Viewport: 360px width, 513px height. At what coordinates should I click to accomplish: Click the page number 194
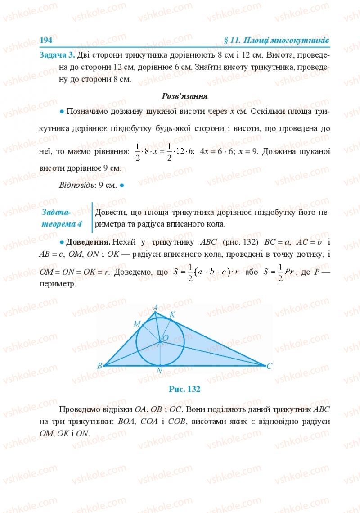tap(46, 40)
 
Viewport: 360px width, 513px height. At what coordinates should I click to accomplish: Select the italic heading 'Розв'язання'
tap(184, 96)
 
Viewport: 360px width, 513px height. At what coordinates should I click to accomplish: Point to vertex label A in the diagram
tap(155, 308)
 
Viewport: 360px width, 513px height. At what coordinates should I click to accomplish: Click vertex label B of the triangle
tap(99, 366)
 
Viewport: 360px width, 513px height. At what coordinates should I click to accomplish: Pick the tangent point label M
tap(137, 323)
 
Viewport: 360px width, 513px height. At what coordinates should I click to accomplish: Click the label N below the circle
tap(159, 371)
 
